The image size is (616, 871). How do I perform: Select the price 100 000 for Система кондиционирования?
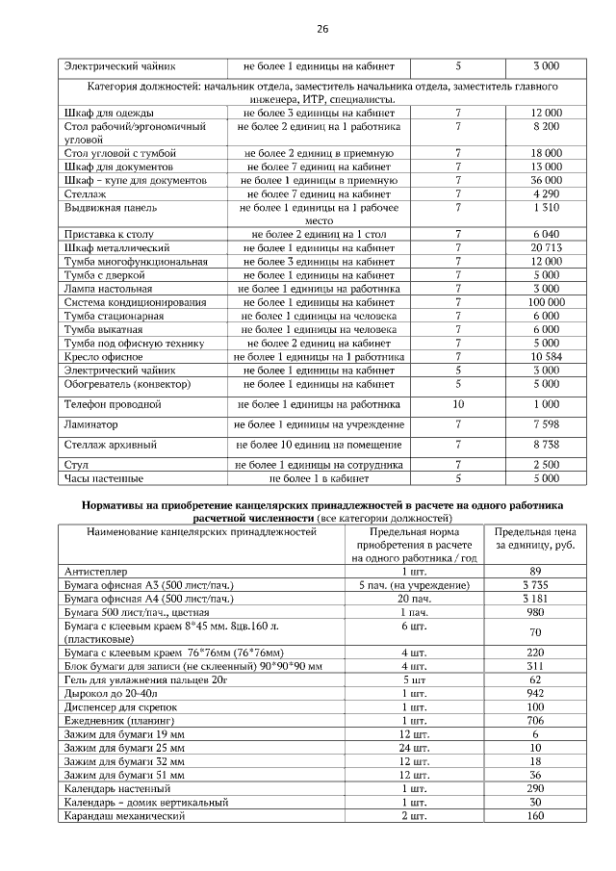click(546, 302)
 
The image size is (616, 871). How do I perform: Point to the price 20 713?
click(546, 248)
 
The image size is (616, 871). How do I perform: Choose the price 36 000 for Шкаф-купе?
click(546, 180)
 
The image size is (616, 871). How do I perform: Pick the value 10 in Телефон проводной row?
click(458, 404)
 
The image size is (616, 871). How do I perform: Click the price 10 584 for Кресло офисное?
click(546, 356)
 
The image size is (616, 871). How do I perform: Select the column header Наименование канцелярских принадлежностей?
click(201, 531)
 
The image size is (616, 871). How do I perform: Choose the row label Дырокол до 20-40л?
click(110, 693)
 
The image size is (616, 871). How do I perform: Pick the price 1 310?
click(546, 207)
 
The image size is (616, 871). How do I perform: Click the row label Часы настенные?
click(104, 478)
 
